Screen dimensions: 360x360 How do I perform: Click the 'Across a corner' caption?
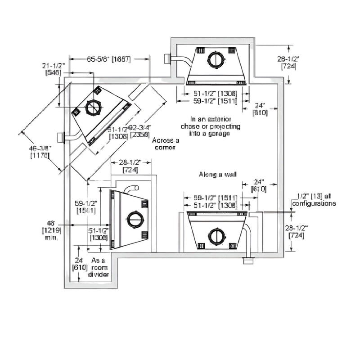pyautogui.click(x=166, y=144)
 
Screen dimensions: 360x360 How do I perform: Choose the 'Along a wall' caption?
pyautogui.click(x=218, y=174)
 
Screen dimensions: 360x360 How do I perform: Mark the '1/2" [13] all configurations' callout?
pyautogui.click(x=314, y=200)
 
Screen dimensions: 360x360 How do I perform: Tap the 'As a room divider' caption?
pyautogui.click(x=99, y=267)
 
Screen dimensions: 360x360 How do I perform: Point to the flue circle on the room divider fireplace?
pyautogui.click(x=135, y=219)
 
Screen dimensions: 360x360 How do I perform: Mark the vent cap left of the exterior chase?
pyautogui.click(x=166, y=59)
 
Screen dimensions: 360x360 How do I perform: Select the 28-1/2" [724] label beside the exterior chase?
pyautogui.click(x=288, y=63)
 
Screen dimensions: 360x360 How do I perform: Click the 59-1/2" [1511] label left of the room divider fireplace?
pyautogui.click(x=85, y=207)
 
